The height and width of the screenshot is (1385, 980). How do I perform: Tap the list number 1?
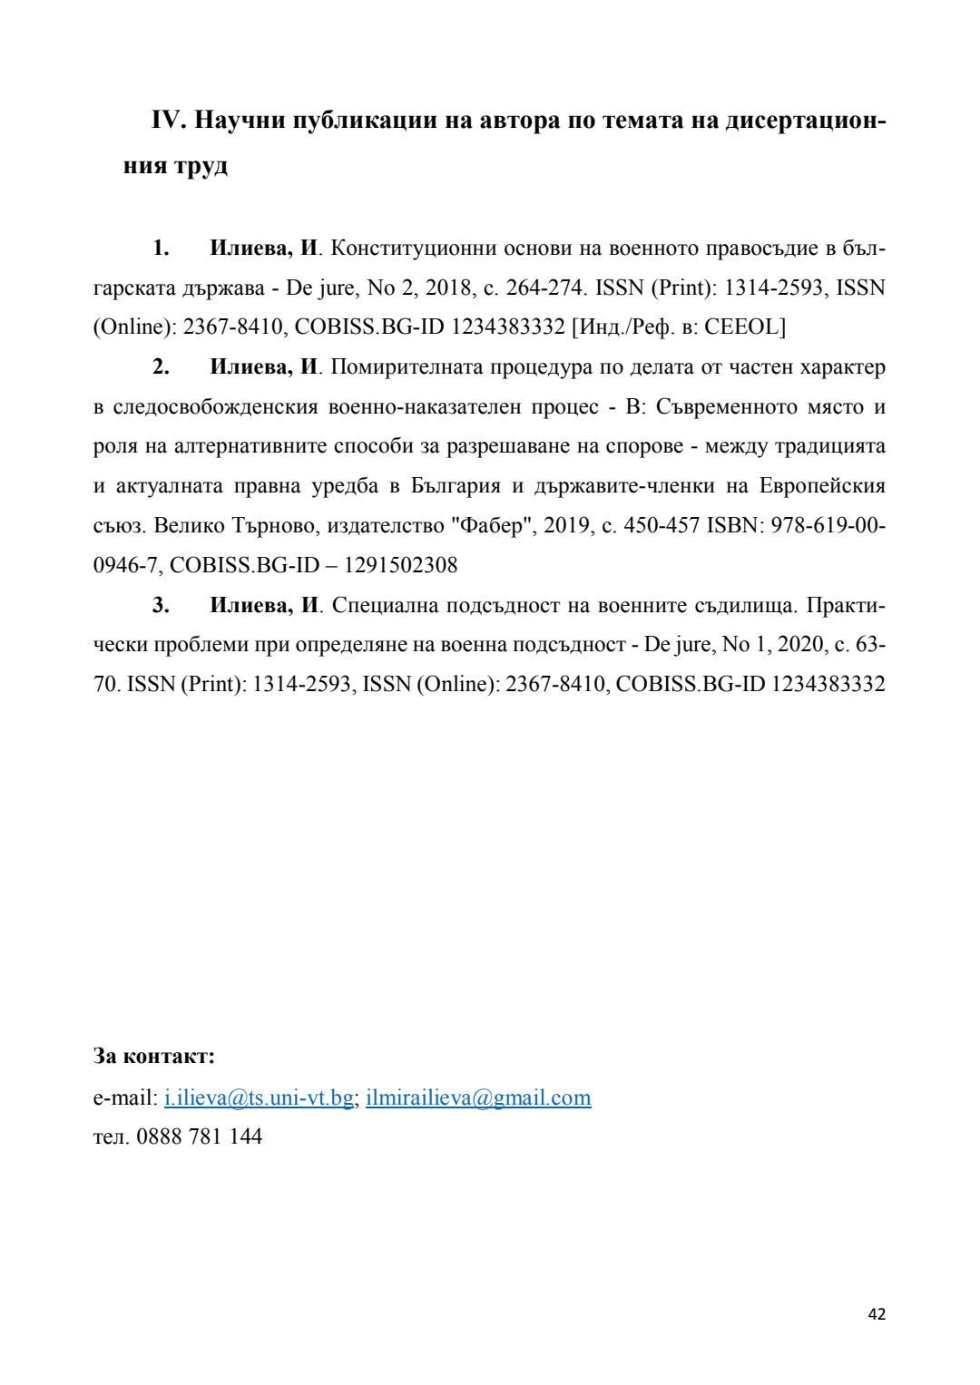tap(161, 249)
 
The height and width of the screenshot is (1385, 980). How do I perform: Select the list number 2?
tap(161, 367)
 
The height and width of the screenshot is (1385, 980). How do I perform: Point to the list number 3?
tap(161, 605)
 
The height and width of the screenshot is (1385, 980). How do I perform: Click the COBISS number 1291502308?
tap(401, 566)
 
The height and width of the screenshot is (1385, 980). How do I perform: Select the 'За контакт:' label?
tap(154, 1056)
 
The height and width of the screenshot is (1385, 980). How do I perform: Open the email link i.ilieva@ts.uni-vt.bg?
tap(259, 1098)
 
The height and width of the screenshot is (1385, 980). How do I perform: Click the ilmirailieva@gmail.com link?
tap(478, 1098)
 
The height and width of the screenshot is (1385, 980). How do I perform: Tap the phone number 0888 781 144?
tap(199, 1136)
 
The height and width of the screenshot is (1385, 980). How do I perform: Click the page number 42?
tap(877, 1314)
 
